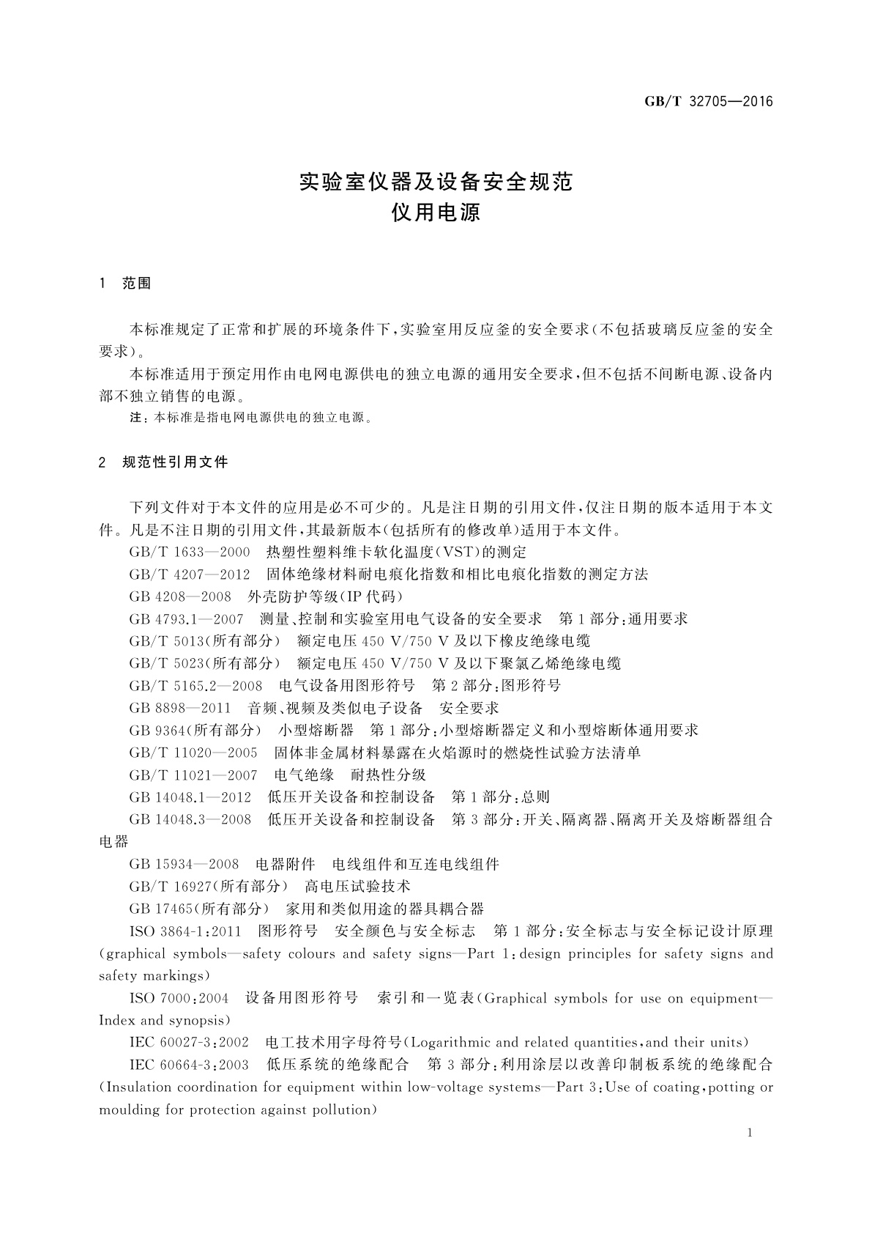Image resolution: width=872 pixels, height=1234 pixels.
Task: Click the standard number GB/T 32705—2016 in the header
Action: coord(708,102)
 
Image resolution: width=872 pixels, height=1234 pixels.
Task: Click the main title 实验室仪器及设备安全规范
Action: coord(436,181)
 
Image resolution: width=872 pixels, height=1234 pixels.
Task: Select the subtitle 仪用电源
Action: coord(436,213)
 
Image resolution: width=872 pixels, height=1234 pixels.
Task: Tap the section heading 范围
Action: coord(136,284)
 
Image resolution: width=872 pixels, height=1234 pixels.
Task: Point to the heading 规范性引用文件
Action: coord(175,462)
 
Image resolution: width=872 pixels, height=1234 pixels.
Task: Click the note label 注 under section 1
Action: coord(135,418)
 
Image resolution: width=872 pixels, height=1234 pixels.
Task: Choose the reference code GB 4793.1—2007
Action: coord(186,619)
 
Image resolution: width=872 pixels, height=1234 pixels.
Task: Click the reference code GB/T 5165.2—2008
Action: coord(195,686)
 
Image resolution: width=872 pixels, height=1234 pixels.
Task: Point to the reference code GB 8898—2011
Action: coord(179,708)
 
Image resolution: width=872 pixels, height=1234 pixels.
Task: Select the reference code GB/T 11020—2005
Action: coord(193,753)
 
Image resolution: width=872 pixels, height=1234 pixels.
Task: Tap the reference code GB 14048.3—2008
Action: coord(190,819)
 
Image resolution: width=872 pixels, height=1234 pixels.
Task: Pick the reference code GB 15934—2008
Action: coord(183,865)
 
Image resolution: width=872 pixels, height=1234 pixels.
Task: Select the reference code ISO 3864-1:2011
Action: coord(185,931)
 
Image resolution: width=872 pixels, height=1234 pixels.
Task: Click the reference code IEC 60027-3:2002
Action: coord(189,1043)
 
